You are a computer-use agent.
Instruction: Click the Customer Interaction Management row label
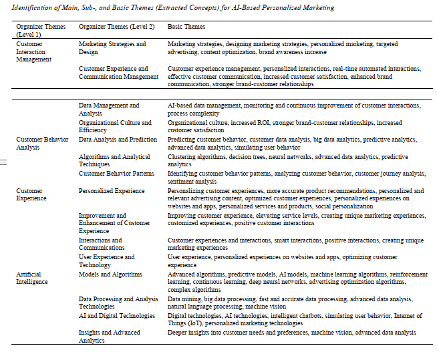(34, 51)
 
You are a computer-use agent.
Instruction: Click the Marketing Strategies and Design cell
(112, 47)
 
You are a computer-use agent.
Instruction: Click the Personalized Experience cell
(112, 191)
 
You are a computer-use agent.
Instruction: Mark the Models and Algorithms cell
(110, 275)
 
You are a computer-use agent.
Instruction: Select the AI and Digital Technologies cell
(116, 316)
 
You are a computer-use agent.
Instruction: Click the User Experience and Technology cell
(106, 260)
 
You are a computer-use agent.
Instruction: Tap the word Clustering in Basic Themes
(181, 157)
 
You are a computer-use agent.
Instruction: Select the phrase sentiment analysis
(192, 181)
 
